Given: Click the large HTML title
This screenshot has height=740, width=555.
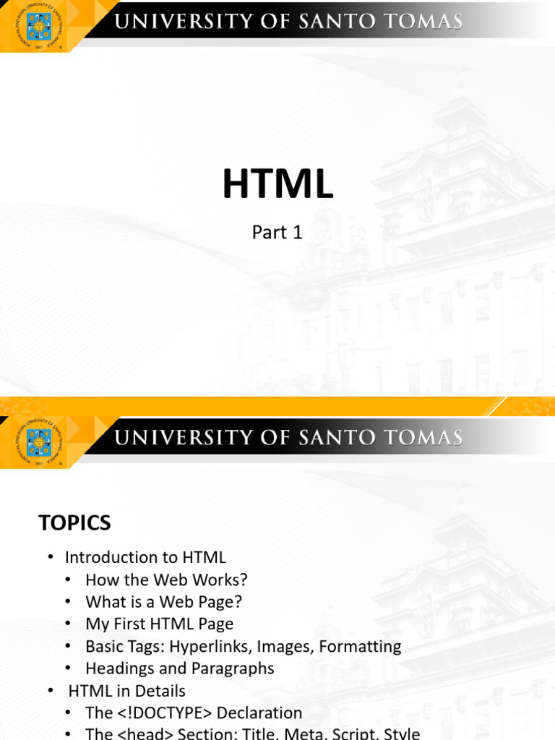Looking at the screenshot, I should coord(277,185).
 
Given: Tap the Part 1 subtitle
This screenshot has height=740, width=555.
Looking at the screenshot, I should coord(277,232).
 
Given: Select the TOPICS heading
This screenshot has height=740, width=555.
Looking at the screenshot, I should coord(74,522).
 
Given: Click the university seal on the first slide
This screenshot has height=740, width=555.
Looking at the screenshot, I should coord(39,27).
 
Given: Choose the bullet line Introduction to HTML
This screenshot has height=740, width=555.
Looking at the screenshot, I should coord(145,557).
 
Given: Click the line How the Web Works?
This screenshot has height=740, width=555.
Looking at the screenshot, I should coord(166,580).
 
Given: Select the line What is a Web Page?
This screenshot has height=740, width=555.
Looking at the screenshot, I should coord(163,601).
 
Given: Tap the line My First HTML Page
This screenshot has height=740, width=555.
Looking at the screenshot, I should coord(159,623).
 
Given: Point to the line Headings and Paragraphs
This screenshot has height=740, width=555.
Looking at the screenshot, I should coord(179,668).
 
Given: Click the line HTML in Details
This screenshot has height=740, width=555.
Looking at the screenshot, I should coord(126,691).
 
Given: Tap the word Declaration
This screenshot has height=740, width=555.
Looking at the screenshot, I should coord(259,713).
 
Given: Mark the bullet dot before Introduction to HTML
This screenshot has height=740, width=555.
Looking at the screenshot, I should coord(51,557).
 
